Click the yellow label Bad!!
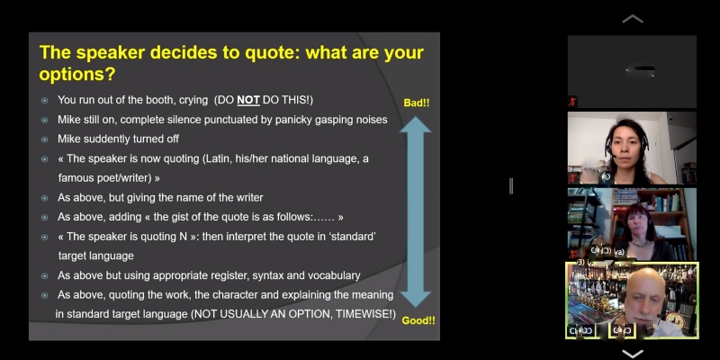click(417, 103)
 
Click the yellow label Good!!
click(418, 320)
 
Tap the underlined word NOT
click(248, 100)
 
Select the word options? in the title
click(77, 74)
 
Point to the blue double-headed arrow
click(416, 211)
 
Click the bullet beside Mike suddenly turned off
click(44, 139)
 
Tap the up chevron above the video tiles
click(633, 19)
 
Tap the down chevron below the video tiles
click(633, 354)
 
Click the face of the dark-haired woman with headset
click(626, 145)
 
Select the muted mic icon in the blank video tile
click(572, 102)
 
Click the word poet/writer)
click(132, 178)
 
